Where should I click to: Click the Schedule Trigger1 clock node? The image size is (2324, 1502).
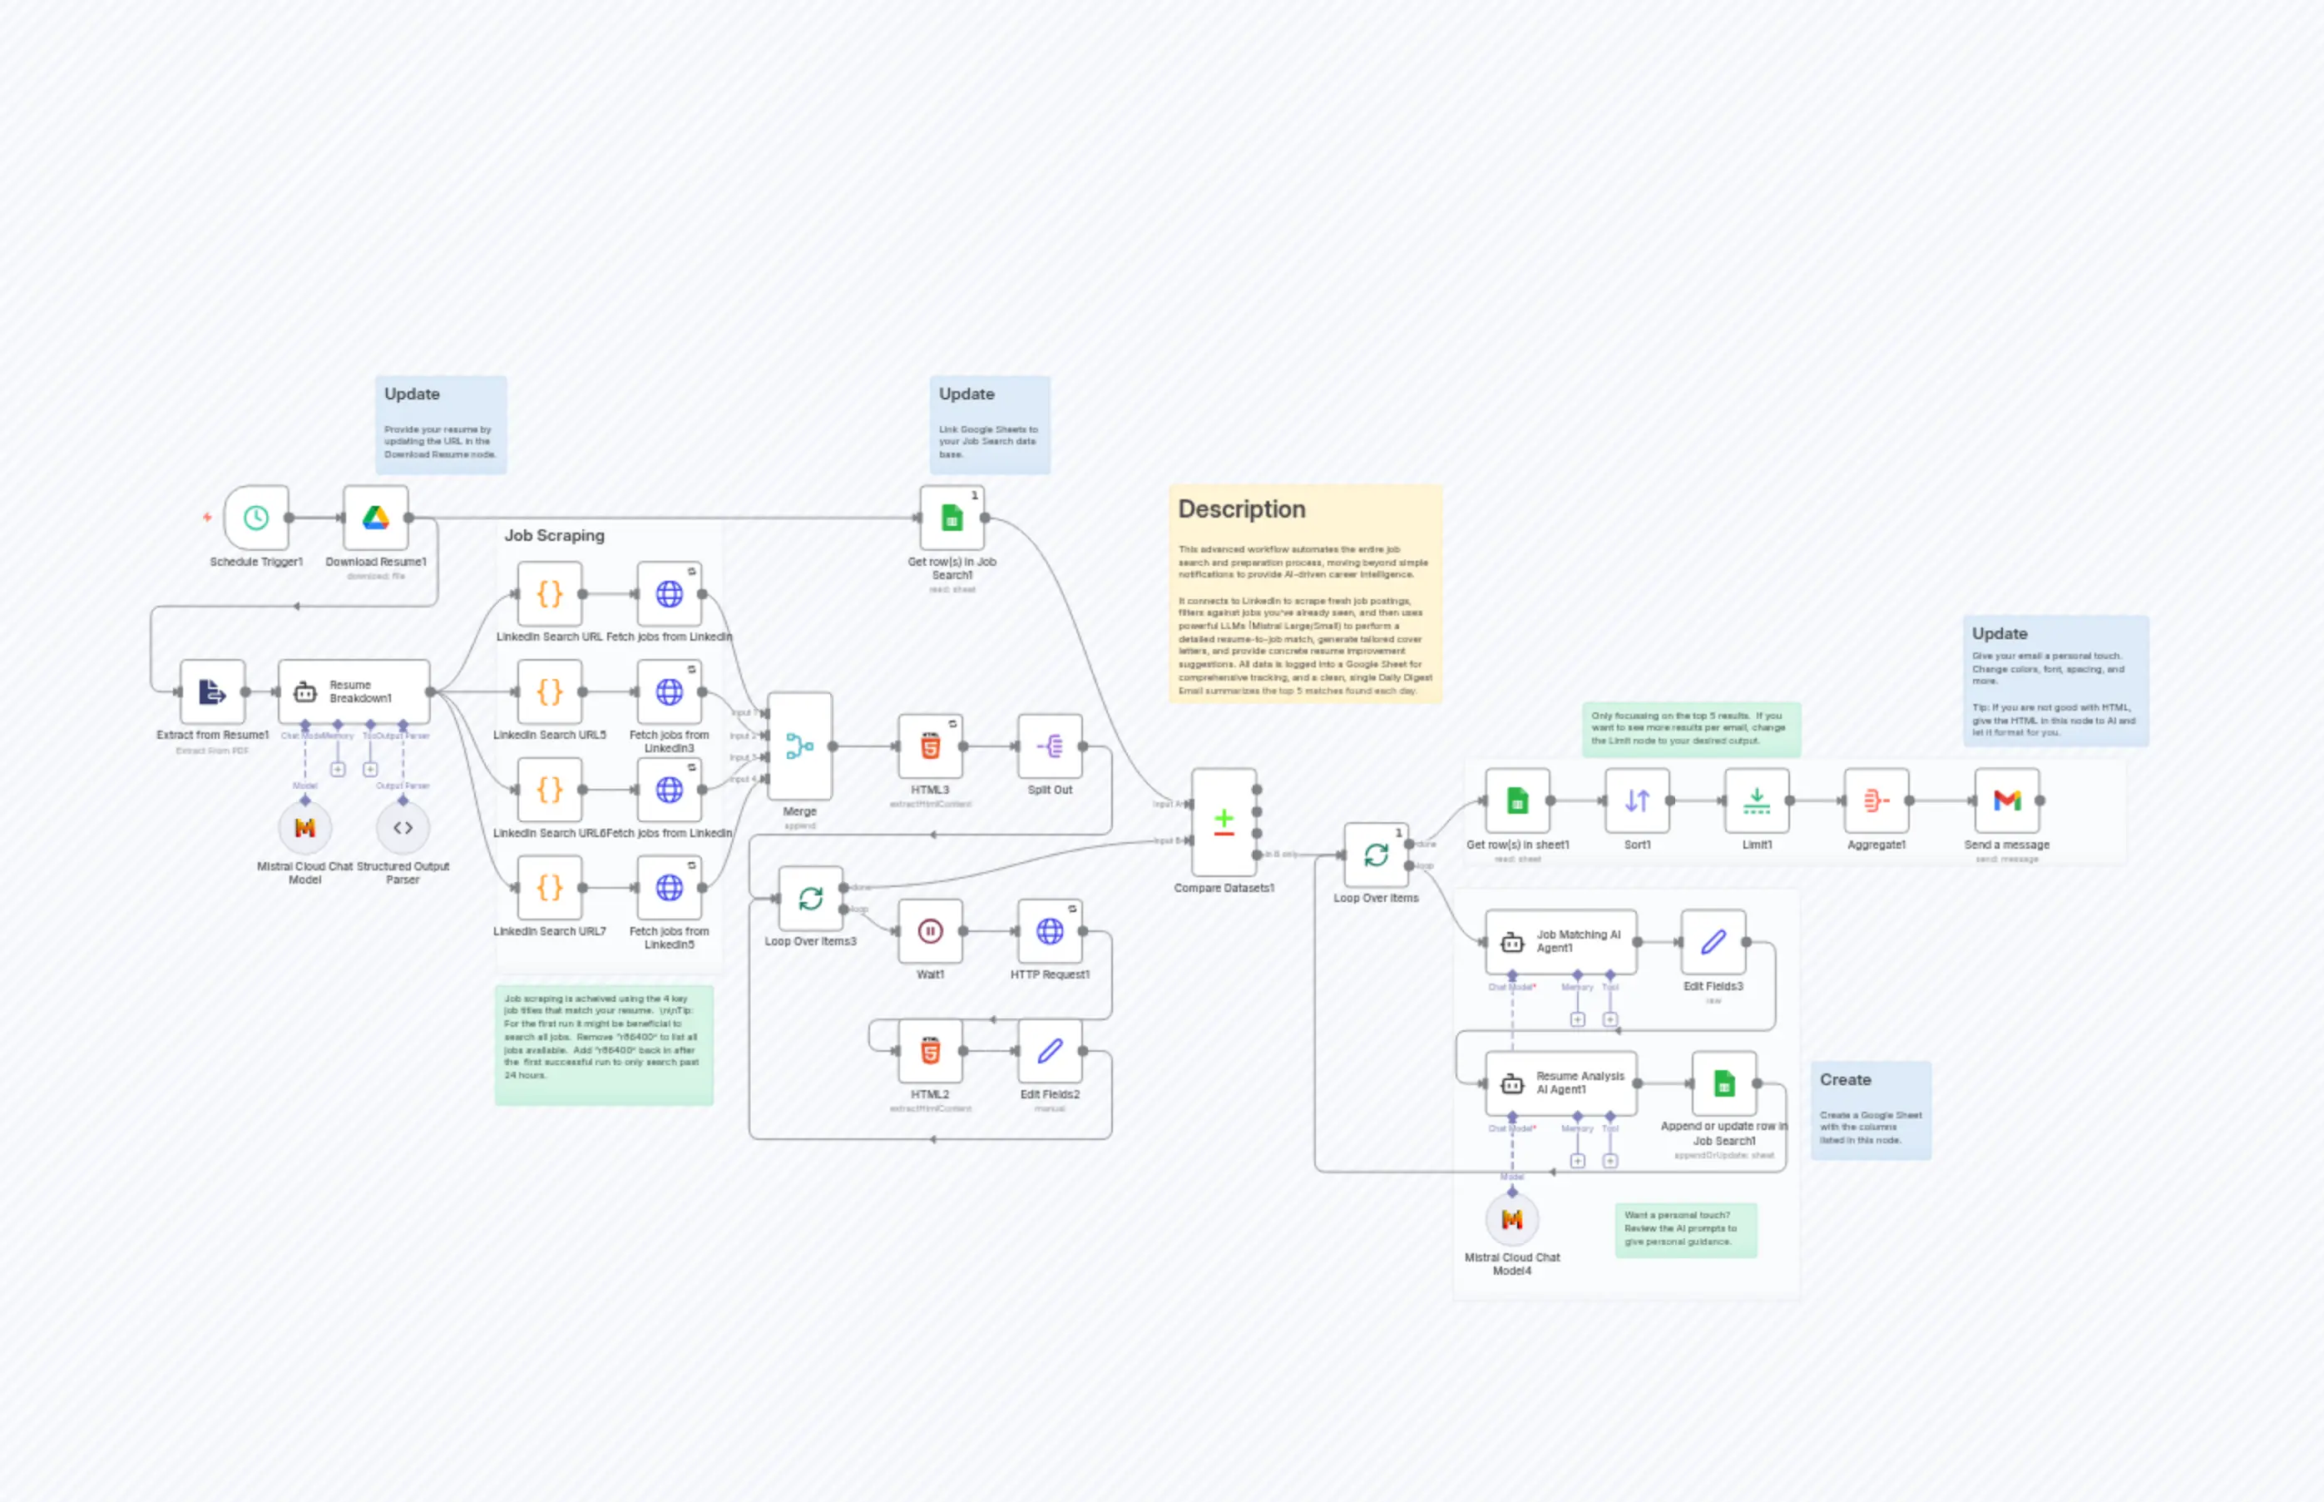(256, 518)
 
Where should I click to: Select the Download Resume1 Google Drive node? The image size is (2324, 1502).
(375, 518)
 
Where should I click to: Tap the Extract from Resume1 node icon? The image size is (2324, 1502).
(212, 692)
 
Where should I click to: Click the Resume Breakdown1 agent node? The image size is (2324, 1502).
(353, 692)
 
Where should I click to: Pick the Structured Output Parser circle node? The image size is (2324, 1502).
(403, 828)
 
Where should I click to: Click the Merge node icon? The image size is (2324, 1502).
(799, 746)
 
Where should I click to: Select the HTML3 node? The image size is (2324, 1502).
(930, 746)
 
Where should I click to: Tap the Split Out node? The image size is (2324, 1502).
(1050, 746)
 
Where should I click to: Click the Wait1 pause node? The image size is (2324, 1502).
(930, 931)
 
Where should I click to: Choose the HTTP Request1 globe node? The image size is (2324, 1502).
(1050, 931)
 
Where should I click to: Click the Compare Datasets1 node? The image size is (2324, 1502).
(1224, 821)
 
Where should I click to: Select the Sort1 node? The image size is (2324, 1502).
(1637, 801)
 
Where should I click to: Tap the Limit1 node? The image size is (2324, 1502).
(1757, 801)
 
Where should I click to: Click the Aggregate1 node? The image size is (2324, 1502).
(1877, 801)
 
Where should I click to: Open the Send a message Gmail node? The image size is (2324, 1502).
(2006, 801)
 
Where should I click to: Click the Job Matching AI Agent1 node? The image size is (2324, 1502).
(1560, 941)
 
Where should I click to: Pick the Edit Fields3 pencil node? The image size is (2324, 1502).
(1713, 941)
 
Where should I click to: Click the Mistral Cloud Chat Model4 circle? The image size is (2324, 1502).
(1512, 1219)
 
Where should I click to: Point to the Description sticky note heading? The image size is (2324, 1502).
(1241, 509)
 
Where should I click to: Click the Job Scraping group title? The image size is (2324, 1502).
(554, 535)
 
